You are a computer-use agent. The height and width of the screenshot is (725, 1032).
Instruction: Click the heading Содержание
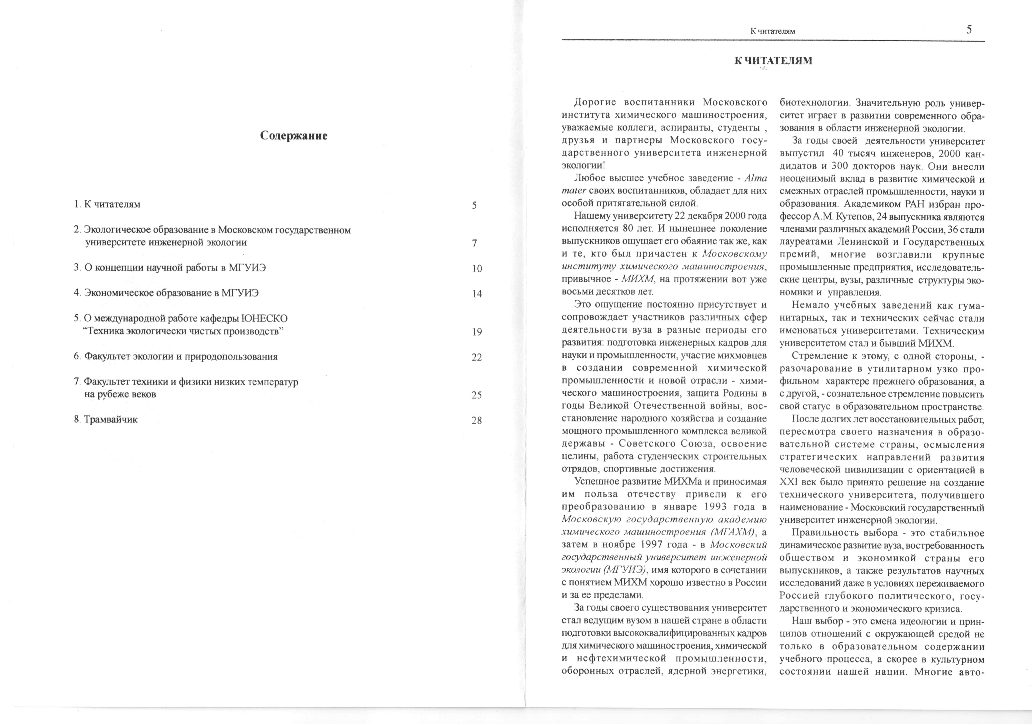pyautogui.click(x=294, y=136)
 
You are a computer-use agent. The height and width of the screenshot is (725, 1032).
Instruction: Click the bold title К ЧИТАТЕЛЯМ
pyautogui.click(x=773, y=61)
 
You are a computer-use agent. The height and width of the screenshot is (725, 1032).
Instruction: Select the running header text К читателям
pyautogui.click(x=773, y=31)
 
